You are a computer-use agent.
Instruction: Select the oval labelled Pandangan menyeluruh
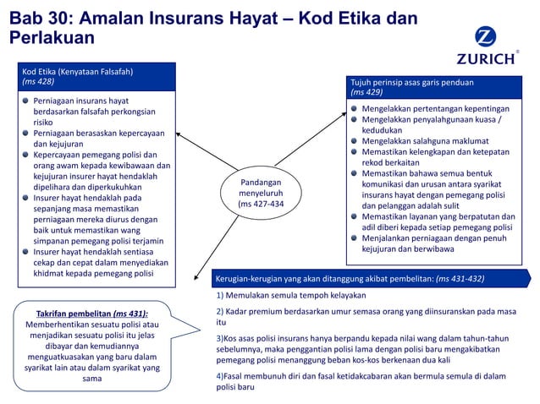point(261,193)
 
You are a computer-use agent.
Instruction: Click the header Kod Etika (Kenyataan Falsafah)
point(78,70)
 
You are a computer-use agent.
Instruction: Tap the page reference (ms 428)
point(38,81)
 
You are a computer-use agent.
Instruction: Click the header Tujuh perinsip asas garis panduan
point(412,82)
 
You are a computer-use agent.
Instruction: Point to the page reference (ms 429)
point(366,92)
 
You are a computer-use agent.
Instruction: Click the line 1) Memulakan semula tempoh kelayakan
point(290,296)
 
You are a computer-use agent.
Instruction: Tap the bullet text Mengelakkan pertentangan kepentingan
point(435,109)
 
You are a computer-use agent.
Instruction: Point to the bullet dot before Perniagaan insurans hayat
point(26,101)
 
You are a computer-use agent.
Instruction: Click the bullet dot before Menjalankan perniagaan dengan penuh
point(355,237)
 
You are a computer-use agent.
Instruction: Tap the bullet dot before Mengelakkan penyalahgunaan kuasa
point(355,120)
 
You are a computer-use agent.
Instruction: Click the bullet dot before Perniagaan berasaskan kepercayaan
point(26,134)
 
